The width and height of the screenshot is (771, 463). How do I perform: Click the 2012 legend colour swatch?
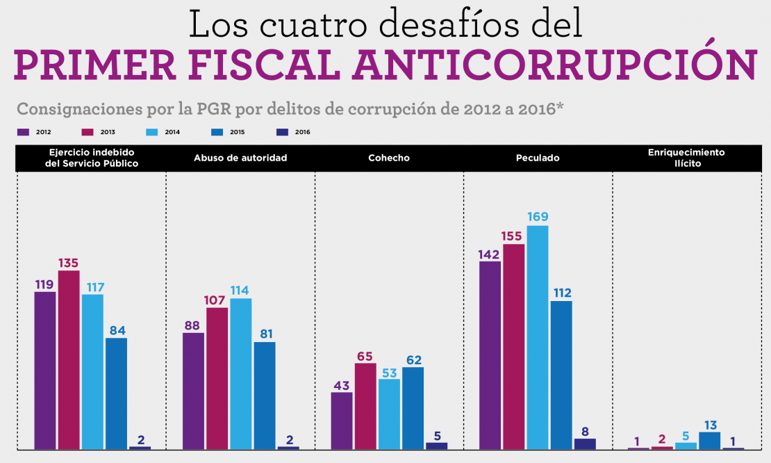click(x=23, y=132)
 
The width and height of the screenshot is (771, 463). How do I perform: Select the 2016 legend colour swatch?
click(x=283, y=132)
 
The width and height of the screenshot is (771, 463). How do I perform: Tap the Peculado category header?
click(x=538, y=158)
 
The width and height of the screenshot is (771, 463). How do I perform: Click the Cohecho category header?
click(x=389, y=158)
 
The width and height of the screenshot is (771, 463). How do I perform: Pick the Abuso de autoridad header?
click(x=240, y=158)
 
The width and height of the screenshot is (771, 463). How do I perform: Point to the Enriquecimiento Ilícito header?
click(x=686, y=158)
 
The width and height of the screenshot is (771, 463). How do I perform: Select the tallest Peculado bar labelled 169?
click(x=538, y=337)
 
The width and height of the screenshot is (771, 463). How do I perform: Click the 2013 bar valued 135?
click(x=69, y=359)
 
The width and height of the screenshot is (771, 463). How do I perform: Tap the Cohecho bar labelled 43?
click(x=342, y=421)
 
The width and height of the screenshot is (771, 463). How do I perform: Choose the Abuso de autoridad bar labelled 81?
click(x=265, y=395)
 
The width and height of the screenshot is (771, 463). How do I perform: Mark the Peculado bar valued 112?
click(x=561, y=375)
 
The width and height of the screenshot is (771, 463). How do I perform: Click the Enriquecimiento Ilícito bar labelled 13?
click(x=709, y=441)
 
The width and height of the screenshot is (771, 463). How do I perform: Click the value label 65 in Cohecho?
click(x=365, y=356)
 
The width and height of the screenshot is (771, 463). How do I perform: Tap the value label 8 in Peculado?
click(x=585, y=431)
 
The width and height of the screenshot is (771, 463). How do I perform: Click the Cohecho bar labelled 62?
click(x=413, y=408)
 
